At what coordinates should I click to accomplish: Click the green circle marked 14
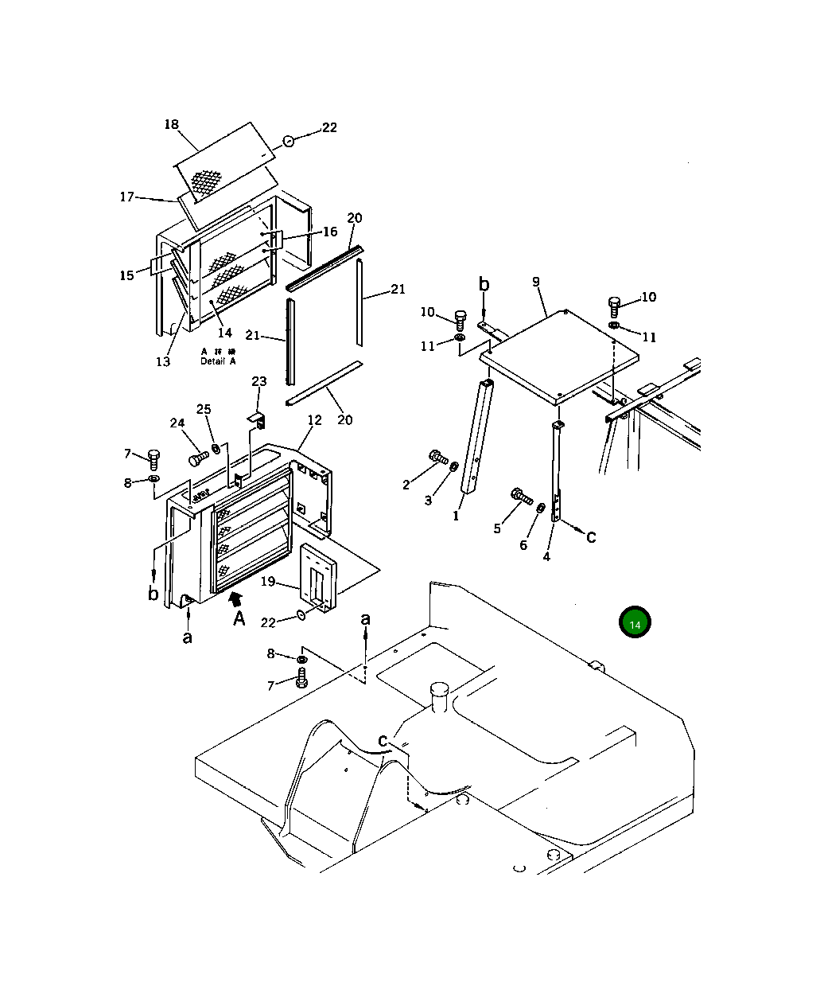coord(635,624)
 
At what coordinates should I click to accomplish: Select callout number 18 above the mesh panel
coord(172,125)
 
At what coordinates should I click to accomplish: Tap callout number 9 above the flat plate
coord(536,282)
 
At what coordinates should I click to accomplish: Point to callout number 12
coord(315,419)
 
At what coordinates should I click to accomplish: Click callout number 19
coord(268,582)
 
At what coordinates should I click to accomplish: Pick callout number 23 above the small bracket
coord(259,382)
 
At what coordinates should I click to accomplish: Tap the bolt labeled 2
coord(437,457)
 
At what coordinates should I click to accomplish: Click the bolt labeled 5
coord(521,498)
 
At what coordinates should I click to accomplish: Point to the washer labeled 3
coord(454,466)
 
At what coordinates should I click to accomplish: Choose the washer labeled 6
coord(540,508)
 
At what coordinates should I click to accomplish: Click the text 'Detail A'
coord(218,361)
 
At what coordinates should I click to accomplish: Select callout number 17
coord(127,196)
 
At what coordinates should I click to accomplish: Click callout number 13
coord(163,362)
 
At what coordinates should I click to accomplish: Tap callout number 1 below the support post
coord(457,516)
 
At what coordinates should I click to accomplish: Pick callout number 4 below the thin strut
coord(546,557)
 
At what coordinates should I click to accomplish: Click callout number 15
coord(127,275)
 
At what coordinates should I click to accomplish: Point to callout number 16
coord(330,232)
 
